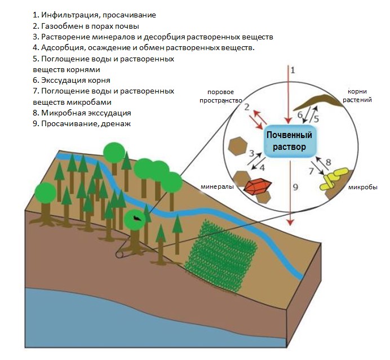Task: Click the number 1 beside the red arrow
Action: (292, 70)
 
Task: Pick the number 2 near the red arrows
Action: (246, 106)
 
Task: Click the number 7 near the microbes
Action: (311, 171)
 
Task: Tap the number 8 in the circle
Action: (327, 162)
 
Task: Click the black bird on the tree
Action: (137, 218)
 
